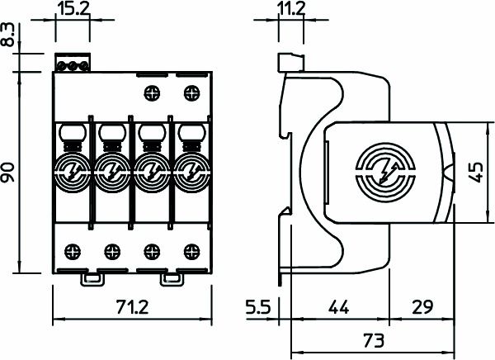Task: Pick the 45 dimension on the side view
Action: (x=475, y=173)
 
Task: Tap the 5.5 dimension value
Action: (x=259, y=309)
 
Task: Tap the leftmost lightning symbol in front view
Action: (x=70, y=172)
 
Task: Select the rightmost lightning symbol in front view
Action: (x=191, y=172)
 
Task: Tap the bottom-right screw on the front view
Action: (x=191, y=249)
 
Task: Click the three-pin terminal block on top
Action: (x=72, y=64)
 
